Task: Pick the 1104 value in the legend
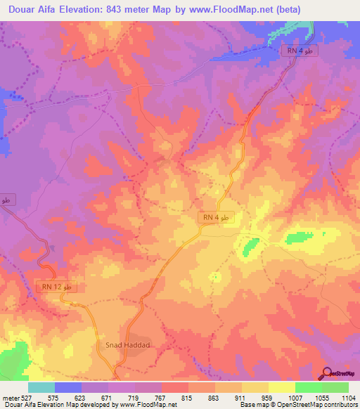coord(349,397)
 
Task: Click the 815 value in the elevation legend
coord(186,397)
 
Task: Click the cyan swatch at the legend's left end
coord(41,387)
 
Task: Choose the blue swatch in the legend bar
coord(67,387)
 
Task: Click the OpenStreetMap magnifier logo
coord(328,373)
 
